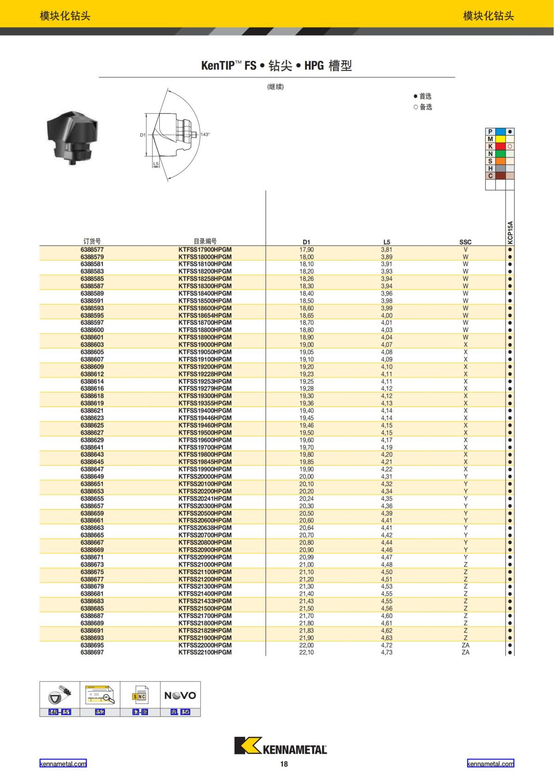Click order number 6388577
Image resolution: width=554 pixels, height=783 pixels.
92,250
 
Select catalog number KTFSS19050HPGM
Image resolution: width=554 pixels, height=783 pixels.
205,352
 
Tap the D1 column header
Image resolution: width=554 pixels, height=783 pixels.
306,242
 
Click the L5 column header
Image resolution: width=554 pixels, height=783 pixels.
386,242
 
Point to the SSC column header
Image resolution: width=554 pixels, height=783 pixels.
465,242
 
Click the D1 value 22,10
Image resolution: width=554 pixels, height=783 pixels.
306,652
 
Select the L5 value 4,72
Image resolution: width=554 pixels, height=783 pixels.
386,645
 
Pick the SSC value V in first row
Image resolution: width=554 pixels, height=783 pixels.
465,250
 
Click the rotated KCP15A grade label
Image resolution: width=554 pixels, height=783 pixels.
510,232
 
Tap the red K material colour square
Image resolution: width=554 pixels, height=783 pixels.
500,146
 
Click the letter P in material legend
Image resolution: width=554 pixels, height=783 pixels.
490,131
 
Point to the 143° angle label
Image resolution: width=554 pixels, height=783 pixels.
205,135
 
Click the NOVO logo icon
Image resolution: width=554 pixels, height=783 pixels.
180,695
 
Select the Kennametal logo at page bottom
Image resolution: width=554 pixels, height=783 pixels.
280,745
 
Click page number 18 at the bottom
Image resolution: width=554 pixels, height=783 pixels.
283,764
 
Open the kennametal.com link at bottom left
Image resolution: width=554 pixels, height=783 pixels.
63,764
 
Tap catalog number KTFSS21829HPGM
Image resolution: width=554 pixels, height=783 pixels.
205,630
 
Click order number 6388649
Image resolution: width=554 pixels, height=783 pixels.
92,477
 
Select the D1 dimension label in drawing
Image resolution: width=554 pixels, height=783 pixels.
142,135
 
